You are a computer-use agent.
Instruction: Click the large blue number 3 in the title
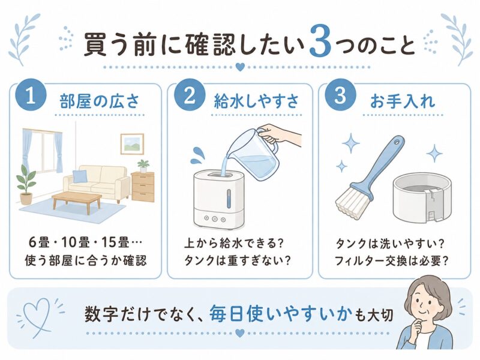click(x=320, y=41)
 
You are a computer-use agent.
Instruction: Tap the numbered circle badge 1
click(x=31, y=97)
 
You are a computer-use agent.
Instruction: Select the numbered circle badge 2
click(x=190, y=96)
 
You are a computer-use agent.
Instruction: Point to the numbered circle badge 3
click(x=340, y=96)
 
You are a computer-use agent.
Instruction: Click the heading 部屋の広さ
click(x=100, y=101)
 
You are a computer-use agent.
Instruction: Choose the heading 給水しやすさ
click(x=256, y=101)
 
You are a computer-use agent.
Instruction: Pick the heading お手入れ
click(x=403, y=101)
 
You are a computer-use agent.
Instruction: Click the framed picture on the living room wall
click(x=132, y=144)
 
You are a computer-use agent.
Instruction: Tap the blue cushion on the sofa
click(x=80, y=176)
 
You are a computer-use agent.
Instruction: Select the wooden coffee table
click(x=77, y=201)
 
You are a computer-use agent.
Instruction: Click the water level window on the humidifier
click(x=229, y=198)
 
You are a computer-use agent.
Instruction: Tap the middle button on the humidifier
click(x=215, y=219)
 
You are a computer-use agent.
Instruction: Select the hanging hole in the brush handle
click(x=397, y=143)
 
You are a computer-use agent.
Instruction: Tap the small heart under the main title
click(x=241, y=67)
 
